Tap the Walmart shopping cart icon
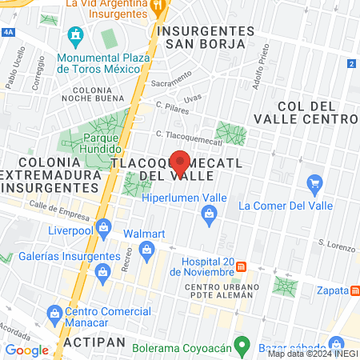tap(146, 253)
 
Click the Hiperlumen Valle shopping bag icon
tap(210, 214)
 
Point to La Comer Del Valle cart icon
tap(314, 186)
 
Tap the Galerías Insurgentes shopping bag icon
tap(102, 274)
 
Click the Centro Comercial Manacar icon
tap(54, 312)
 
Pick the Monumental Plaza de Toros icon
tap(76, 35)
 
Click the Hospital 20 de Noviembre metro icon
tap(252, 266)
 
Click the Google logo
tap(26, 350)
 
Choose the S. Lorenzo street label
tap(334, 242)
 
